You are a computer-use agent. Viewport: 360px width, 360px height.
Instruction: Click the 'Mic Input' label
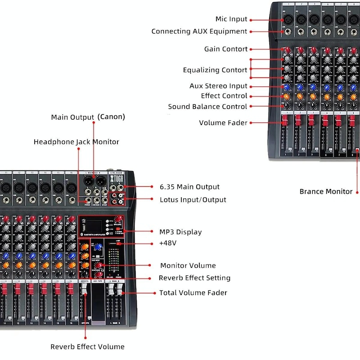(x=231, y=19)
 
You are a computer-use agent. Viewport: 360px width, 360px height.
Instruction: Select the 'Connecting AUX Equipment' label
(x=199, y=31)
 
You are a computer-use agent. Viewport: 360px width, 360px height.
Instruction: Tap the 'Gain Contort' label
(x=226, y=49)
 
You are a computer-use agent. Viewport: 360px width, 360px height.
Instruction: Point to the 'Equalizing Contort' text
(x=215, y=70)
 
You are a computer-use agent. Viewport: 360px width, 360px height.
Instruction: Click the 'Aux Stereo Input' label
(x=218, y=86)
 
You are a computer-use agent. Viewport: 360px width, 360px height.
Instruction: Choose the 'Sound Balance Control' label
(x=207, y=107)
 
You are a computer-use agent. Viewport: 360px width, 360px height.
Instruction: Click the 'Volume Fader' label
(x=223, y=123)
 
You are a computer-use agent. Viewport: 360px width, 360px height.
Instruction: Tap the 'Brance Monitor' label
(x=326, y=192)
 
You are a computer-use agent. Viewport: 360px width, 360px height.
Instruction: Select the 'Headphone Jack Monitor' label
(x=76, y=142)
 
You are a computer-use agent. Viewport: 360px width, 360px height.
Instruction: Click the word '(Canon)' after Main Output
(x=111, y=117)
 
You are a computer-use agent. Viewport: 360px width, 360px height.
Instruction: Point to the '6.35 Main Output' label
(x=189, y=187)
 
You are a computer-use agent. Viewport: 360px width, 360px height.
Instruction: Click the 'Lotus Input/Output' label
(x=193, y=200)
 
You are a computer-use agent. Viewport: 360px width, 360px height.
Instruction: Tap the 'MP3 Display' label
(x=180, y=232)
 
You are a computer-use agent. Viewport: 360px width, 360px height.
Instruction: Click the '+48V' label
(x=168, y=243)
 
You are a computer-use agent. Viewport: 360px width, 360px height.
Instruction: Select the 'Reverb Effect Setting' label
(x=194, y=278)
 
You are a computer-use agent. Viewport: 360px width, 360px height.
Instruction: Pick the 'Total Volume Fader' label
(x=193, y=293)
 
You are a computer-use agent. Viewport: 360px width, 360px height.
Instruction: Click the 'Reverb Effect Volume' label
(x=87, y=347)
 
